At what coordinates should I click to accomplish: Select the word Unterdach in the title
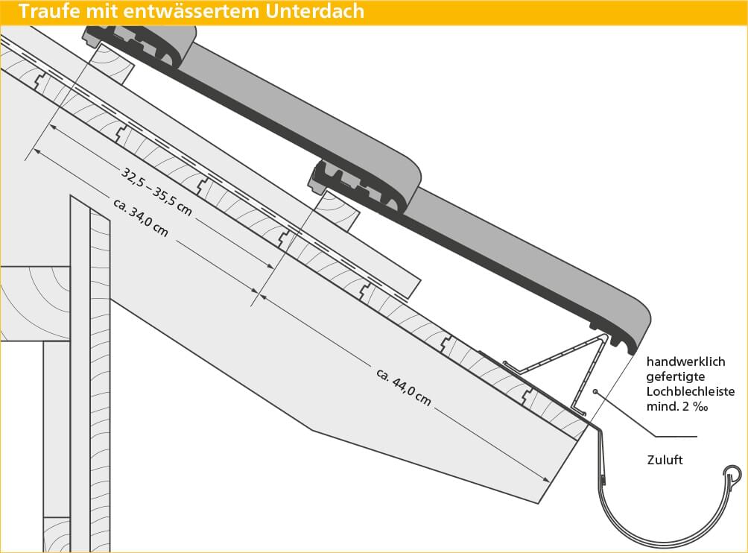pos(315,11)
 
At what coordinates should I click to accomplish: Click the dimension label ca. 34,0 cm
pos(141,218)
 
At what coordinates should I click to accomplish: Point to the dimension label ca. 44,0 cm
pos(404,387)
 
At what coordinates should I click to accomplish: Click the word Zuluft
pos(665,460)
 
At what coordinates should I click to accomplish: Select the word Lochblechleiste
pos(691,392)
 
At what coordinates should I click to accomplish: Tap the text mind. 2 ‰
pos(677,406)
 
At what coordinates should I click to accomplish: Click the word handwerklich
pos(685,361)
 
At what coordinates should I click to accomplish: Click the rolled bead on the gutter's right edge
pos(733,474)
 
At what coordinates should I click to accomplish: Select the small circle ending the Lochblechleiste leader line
pos(596,392)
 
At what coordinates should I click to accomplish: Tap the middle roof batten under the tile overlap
pos(337,210)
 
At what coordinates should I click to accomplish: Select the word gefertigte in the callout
pos(676,377)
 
